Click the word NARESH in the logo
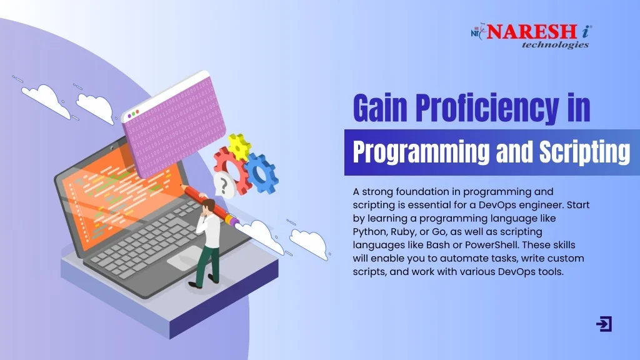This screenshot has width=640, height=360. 531,32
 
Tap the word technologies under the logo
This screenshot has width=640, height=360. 555,44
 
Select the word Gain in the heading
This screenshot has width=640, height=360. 380,107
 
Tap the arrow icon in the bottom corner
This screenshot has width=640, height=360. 604,324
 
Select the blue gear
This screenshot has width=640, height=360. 261,173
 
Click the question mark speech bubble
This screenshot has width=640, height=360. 224,186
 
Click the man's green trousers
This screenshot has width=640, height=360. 208,263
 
